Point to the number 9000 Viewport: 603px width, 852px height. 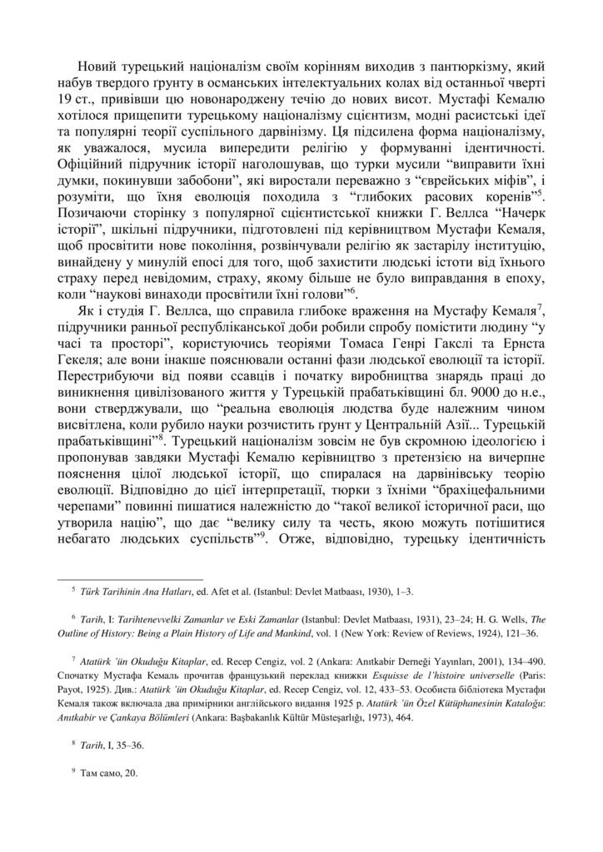pos(469,401)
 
